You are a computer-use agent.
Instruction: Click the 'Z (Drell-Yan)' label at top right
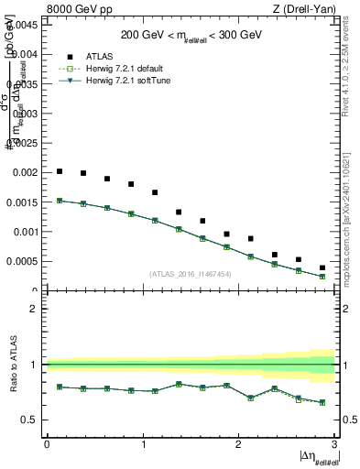[302, 8]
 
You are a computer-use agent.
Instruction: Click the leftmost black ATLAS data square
[60, 171]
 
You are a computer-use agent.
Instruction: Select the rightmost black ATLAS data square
[322, 267]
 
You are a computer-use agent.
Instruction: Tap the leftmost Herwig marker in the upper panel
[60, 201]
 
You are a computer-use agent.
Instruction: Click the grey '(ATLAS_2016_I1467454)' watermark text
[191, 273]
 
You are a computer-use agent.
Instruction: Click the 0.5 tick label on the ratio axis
[29, 420]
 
